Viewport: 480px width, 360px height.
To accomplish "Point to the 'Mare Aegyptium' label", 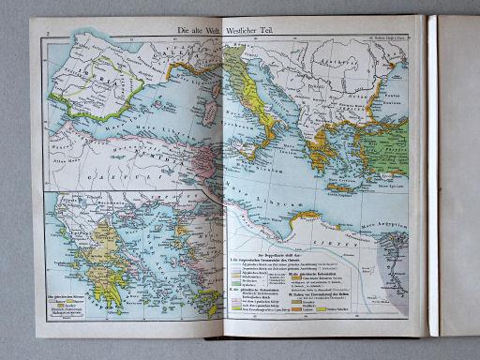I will [383, 218].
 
